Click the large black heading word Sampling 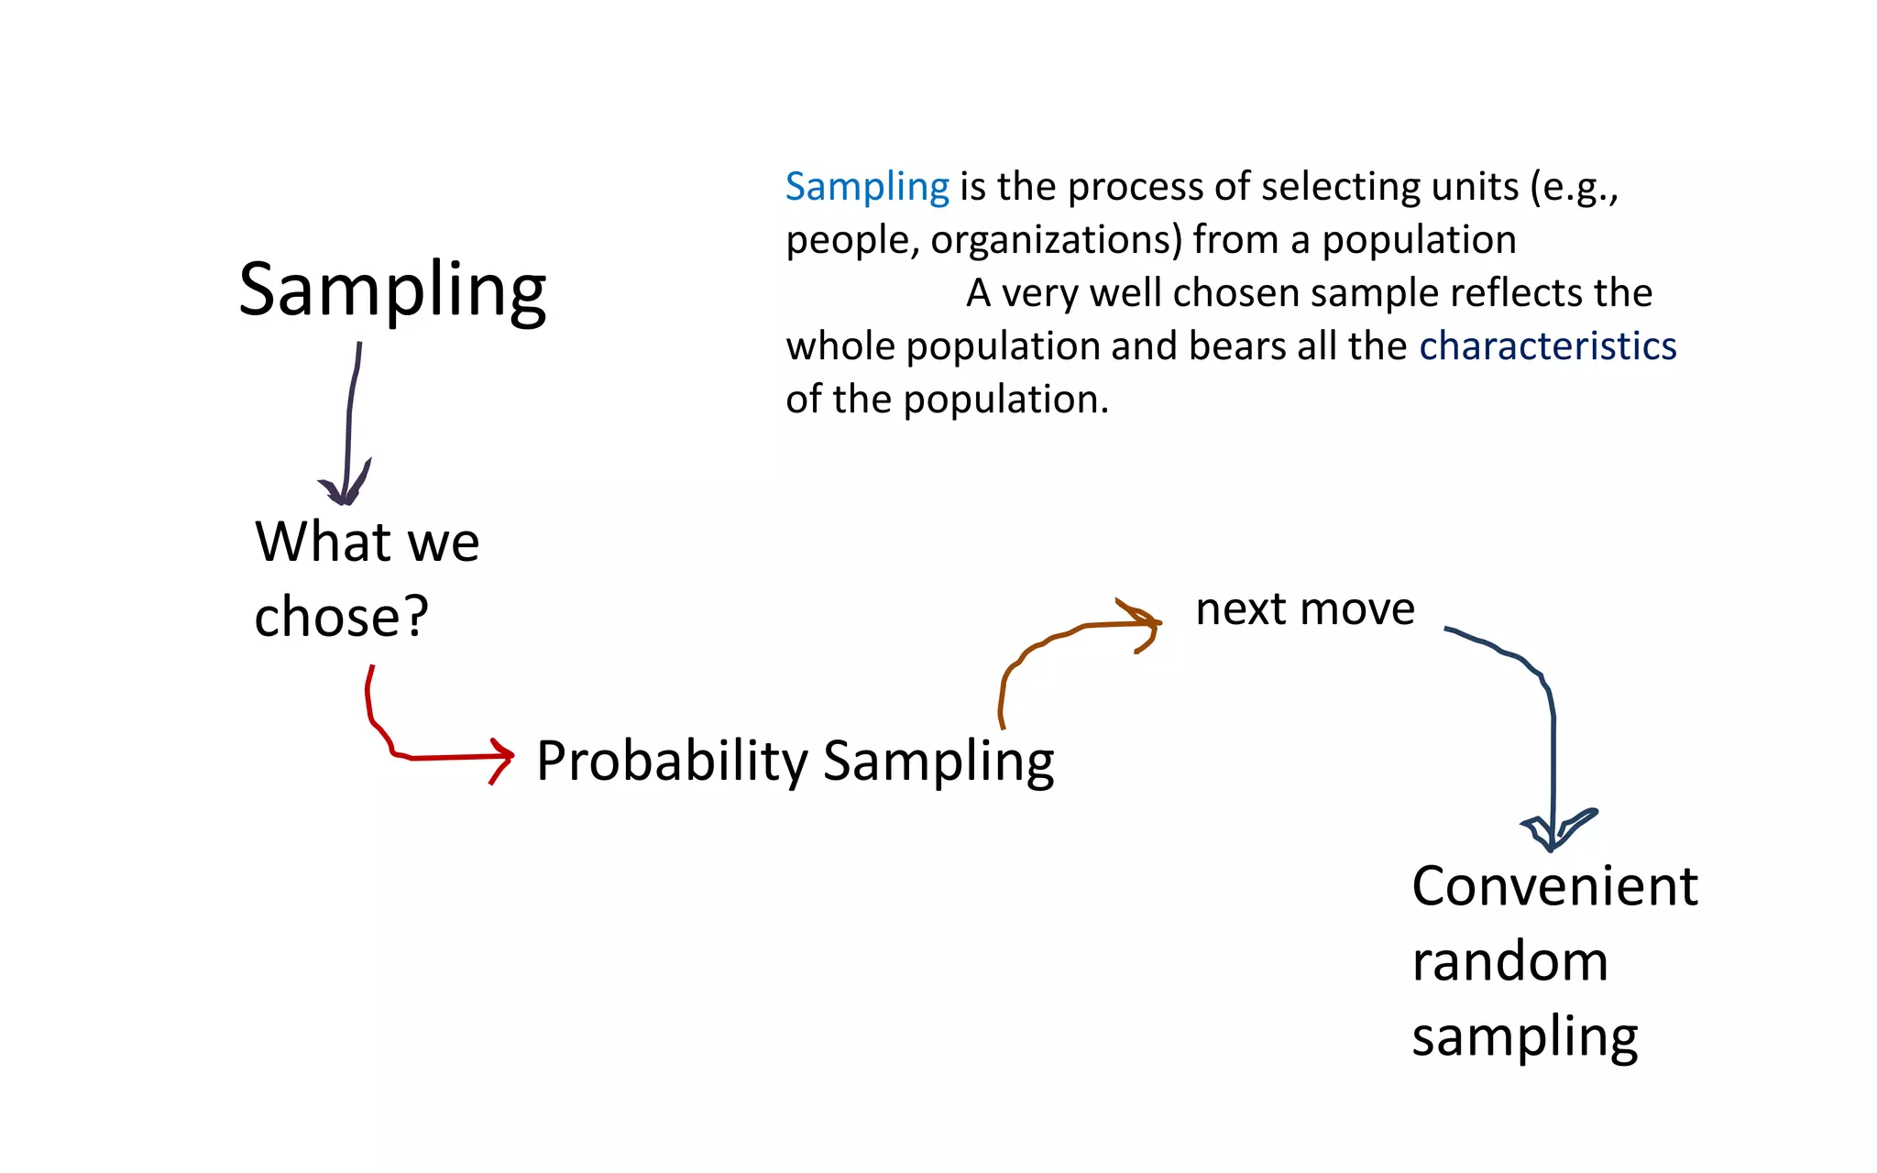click(x=392, y=291)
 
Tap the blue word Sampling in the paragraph click(x=867, y=187)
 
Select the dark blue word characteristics click(x=1548, y=346)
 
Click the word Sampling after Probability click(x=938, y=762)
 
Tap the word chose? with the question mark click(x=341, y=616)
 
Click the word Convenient click(x=1554, y=886)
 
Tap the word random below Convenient click(x=1509, y=961)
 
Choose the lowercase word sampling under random click(x=1524, y=1038)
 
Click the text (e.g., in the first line click(x=1574, y=187)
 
